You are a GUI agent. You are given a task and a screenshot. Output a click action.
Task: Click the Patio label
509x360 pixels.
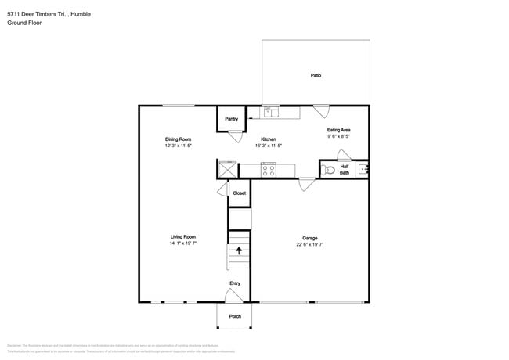(316, 76)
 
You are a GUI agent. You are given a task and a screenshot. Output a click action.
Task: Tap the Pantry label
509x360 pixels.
(231, 119)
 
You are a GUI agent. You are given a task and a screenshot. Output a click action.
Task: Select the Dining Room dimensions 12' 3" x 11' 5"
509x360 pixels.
(179, 146)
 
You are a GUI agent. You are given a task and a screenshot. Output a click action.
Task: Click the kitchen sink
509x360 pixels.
(271, 112)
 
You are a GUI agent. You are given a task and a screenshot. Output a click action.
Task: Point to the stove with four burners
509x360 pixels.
(268, 169)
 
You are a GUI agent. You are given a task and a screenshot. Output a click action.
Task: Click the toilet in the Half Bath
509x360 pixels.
(328, 168)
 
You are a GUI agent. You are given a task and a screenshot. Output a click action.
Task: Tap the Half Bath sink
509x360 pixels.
(363, 168)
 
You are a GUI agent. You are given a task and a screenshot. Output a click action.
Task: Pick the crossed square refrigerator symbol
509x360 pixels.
(227, 168)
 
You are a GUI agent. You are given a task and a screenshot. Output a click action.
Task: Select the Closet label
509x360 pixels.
(239, 193)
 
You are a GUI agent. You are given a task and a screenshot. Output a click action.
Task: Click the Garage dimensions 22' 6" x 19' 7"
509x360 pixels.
(309, 244)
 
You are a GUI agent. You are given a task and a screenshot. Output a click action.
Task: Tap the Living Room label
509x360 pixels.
(182, 236)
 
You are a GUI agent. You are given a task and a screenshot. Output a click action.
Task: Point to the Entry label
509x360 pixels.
(234, 283)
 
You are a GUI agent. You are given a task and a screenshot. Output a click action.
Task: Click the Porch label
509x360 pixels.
(235, 316)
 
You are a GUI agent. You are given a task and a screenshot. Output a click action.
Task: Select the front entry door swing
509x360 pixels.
(233, 295)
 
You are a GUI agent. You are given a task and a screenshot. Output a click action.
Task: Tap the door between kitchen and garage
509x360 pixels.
(307, 184)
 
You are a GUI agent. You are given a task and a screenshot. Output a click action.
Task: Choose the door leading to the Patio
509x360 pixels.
(321, 110)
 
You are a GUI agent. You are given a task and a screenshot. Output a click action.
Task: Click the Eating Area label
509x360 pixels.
(338, 130)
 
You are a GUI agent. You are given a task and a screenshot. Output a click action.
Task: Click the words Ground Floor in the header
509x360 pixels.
(23, 23)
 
